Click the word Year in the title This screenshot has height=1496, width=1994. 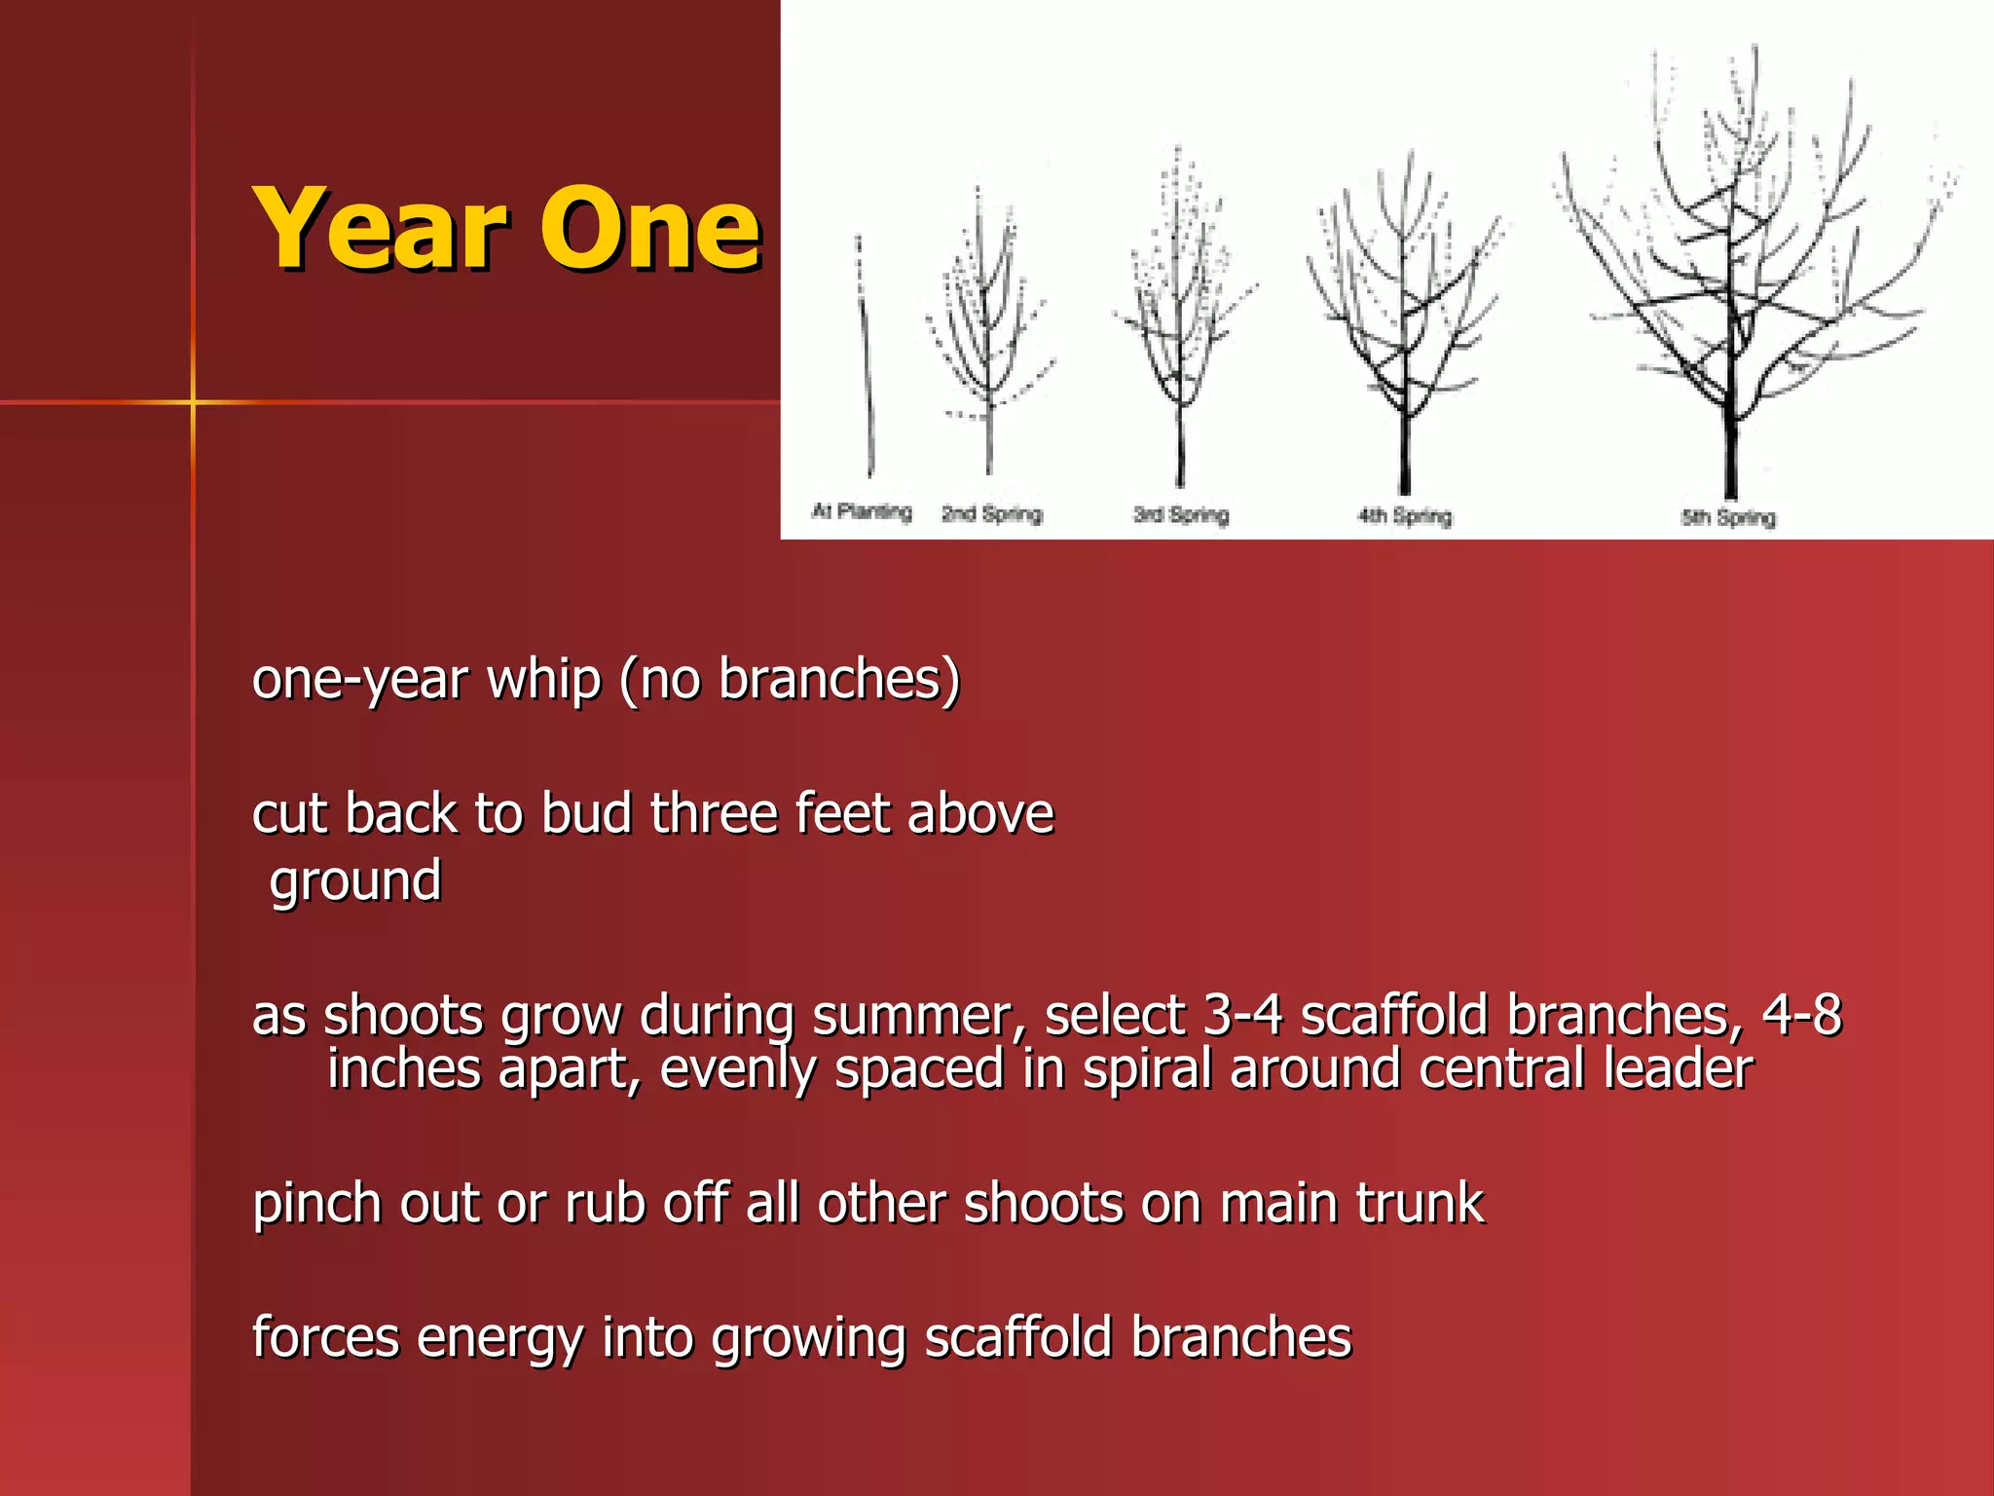pyautogui.click(x=380, y=229)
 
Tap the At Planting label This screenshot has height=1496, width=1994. pyautogui.click(x=862, y=511)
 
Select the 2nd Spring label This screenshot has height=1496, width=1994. pyautogui.click(x=991, y=513)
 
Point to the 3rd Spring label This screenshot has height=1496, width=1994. pyautogui.click(x=1180, y=514)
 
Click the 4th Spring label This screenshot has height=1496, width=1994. pyautogui.click(x=1404, y=515)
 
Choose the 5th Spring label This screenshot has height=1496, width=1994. pyautogui.click(x=1728, y=517)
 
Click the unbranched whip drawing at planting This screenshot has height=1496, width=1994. pyautogui.click(x=866, y=370)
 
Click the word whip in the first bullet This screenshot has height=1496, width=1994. pyautogui.click(x=543, y=679)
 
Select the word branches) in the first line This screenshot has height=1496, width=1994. pyautogui.click(x=839, y=679)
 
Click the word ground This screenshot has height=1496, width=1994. pyautogui.click(x=355, y=881)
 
